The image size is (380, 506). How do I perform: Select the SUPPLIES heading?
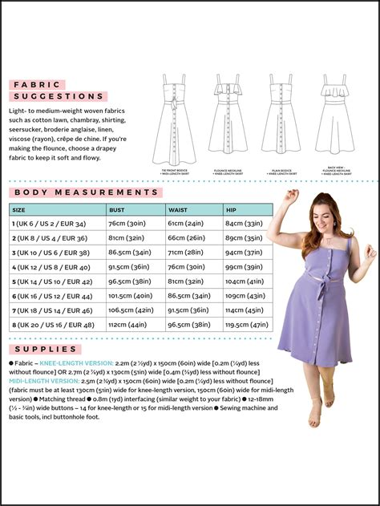46,349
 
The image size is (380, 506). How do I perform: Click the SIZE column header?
18,209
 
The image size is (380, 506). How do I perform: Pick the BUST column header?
117,209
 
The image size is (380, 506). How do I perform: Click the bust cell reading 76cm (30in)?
125,223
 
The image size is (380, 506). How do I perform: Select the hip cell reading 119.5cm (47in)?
246,325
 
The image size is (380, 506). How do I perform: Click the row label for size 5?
51,281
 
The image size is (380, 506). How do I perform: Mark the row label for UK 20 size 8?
53,325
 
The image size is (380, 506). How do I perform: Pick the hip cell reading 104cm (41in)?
245,281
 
